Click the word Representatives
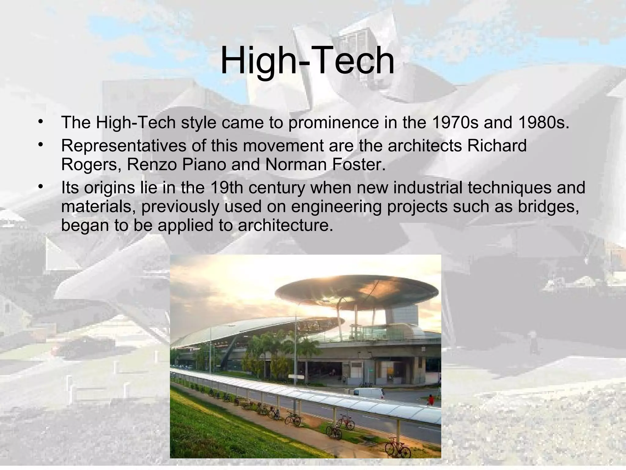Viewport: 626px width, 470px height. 123,146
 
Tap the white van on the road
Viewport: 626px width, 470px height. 369,393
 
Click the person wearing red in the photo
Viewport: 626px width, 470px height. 431,400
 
